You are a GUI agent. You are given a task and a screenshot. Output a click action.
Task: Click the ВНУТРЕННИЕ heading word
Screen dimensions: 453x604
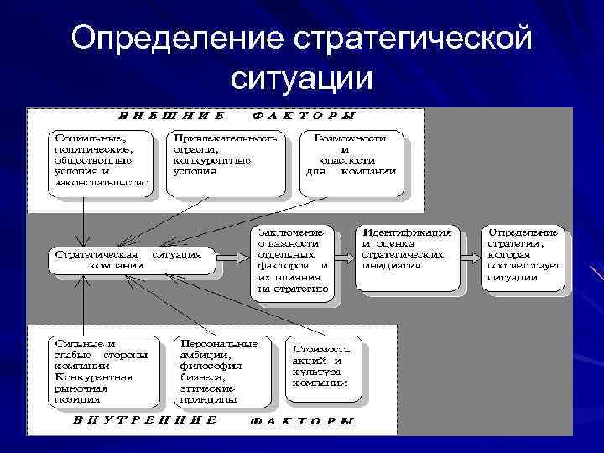point(145,419)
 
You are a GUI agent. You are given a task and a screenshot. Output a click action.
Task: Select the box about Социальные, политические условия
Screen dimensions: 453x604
point(100,162)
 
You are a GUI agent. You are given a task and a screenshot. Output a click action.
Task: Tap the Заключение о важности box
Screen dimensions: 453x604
point(291,260)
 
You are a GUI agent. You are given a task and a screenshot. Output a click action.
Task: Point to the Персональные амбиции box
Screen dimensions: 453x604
point(219,370)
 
